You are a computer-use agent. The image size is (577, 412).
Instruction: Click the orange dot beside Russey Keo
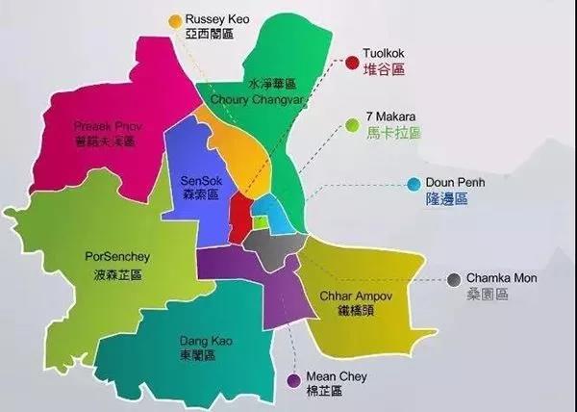pos(175,19)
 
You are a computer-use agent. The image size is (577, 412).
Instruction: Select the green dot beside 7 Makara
pos(352,122)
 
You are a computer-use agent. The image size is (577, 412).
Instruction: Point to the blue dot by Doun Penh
pos(414,183)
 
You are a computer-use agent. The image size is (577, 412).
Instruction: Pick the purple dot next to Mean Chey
pos(292,381)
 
